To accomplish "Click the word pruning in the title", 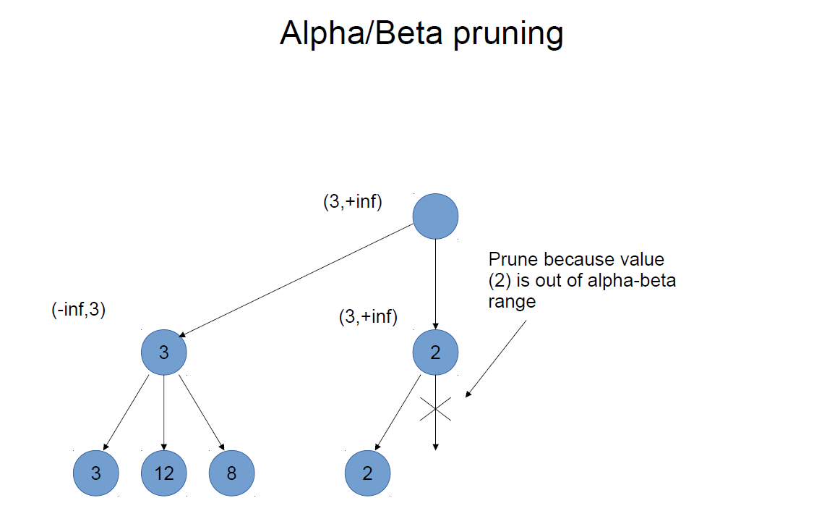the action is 508,34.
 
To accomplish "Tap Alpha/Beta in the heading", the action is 361,33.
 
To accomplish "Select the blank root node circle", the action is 435,216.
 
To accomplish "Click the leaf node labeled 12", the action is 163,473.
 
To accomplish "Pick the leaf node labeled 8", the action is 231,473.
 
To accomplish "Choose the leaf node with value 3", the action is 95,473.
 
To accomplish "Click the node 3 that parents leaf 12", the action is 163,352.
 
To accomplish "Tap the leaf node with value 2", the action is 367,473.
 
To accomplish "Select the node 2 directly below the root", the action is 435,352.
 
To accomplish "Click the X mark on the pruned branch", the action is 435,409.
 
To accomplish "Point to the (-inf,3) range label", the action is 78,309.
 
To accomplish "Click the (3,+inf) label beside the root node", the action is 352,201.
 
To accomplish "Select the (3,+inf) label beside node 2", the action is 368,316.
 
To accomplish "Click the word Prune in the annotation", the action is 513,259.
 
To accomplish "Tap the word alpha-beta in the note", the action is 631,280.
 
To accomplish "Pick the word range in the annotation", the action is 512,302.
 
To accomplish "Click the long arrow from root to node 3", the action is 296,280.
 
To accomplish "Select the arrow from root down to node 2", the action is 435,284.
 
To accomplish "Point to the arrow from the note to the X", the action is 496,359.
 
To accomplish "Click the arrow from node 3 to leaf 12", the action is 163,413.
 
